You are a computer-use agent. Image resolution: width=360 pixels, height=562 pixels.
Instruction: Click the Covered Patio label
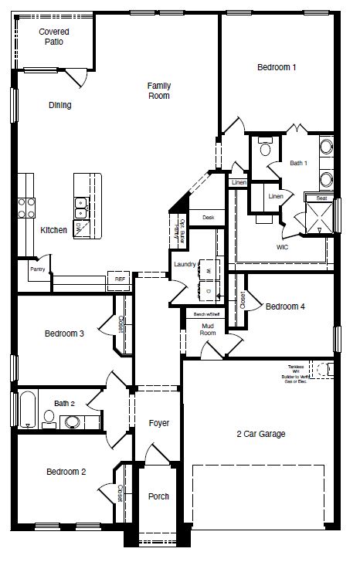tap(54, 36)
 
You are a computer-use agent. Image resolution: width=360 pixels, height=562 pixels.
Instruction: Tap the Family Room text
tap(159, 90)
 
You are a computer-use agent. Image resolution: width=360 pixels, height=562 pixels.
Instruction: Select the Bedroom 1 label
tap(276, 68)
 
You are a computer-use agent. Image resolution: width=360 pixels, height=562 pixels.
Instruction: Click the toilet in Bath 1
tap(265, 147)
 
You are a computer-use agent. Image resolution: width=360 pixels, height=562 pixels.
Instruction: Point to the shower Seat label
tap(321, 198)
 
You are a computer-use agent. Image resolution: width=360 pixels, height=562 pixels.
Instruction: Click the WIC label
tap(283, 248)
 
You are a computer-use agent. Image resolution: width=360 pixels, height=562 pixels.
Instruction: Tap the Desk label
tap(208, 218)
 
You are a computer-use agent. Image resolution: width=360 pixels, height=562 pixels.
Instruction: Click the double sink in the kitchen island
tap(80, 205)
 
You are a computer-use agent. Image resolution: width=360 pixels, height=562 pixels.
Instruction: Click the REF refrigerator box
tap(120, 279)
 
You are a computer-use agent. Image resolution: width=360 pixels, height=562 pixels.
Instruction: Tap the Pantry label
tap(37, 269)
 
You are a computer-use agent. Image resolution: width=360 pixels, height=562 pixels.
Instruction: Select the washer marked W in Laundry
tap(207, 271)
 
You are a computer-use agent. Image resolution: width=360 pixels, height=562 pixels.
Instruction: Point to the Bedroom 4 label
tap(285, 306)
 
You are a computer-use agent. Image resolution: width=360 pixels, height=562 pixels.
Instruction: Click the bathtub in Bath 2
tap(28, 409)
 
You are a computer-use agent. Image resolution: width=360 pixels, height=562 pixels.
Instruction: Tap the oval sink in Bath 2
tap(73, 421)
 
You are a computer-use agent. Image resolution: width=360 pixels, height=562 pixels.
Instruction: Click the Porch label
tap(158, 496)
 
